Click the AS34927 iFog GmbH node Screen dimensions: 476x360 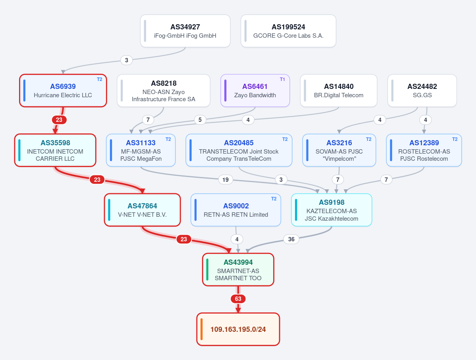click(x=185, y=31)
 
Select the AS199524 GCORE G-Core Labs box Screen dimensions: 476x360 click(x=288, y=31)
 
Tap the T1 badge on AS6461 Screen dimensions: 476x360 click(x=282, y=79)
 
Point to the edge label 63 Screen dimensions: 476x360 click(x=238, y=299)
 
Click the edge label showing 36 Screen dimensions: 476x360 click(x=291, y=239)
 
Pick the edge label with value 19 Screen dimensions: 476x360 click(x=225, y=180)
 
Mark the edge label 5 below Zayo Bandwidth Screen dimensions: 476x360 click(x=200, y=120)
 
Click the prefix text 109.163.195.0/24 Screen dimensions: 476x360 click(x=238, y=329)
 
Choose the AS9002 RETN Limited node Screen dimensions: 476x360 click(x=236, y=210)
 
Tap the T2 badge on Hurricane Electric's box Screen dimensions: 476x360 click(x=100, y=79)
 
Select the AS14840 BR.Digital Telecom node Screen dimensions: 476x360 click(x=339, y=90)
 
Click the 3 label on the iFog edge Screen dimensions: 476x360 click(x=127, y=60)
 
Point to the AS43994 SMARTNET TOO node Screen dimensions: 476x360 click(x=238, y=270)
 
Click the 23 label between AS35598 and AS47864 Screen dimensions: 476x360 click(x=97, y=180)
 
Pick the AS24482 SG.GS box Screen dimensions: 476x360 click(x=422, y=90)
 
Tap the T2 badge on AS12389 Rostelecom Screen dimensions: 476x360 click(x=455, y=139)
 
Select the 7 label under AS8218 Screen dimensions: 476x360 click(x=148, y=120)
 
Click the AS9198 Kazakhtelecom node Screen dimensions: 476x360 click(x=331, y=210)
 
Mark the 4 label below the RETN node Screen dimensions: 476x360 click(x=237, y=239)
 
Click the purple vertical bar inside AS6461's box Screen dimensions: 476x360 click(x=225, y=90)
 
